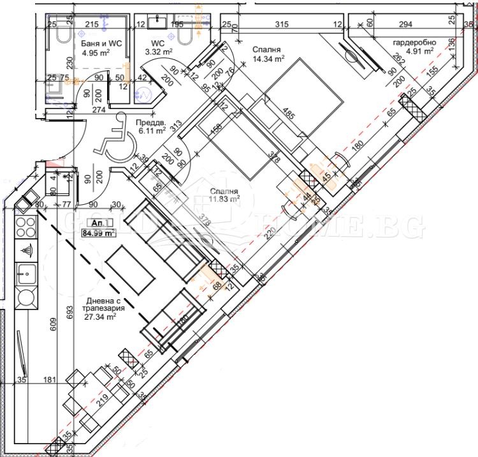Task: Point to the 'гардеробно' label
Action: tap(414, 42)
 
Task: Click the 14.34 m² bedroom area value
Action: tap(268, 58)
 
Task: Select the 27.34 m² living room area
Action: tap(101, 316)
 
